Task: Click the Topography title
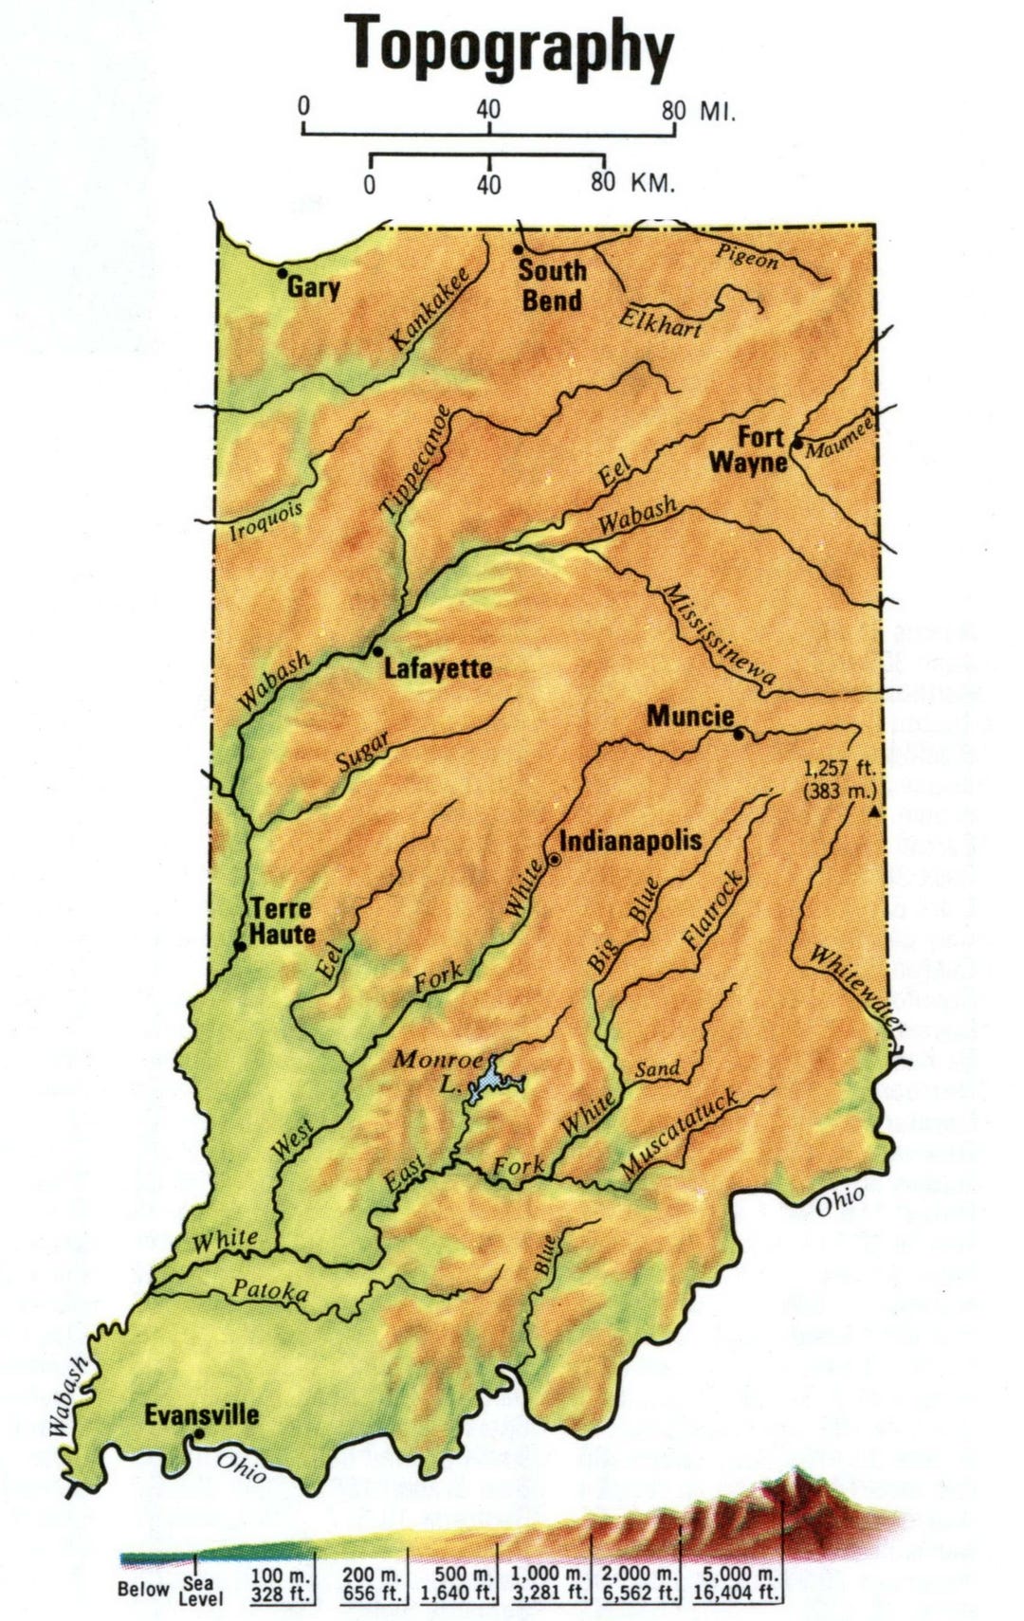click(x=509, y=46)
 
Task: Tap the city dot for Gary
click(x=282, y=273)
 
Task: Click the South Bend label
click(x=552, y=285)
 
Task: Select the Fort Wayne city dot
click(x=797, y=443)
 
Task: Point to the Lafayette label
click(x=438, y=669)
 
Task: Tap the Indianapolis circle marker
click(x=555, y=859)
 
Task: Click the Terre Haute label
click(x=282, y=921)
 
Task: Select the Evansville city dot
click(x=198, y=1434)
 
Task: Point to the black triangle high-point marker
click(x=874, y=812)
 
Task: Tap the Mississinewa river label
click(x=719, y=634)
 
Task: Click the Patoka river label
click(x=270, y=1291)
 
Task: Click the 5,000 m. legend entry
click(x=736, y=1585)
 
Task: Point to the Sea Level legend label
click(x=200, y=1591)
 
